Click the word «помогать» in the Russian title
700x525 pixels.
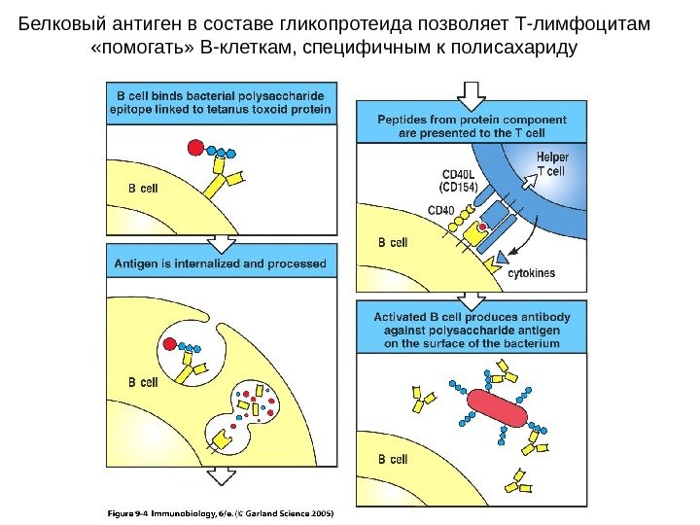(x=136, y=46)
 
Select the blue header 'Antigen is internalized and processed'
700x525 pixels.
(x=221, y=262)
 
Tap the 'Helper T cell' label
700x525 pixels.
(x=552, y=164)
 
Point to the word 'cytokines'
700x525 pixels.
(x=532, y=273)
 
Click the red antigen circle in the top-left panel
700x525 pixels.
(x=194, y=148)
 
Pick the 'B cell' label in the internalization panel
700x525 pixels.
(x=144, y=382)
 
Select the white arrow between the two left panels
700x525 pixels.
(x=221, y=241)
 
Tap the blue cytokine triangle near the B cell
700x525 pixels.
(x=501, y=258)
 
